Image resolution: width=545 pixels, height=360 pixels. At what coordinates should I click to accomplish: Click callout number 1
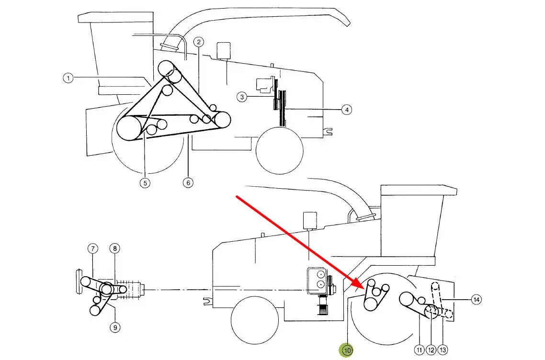(68, 78)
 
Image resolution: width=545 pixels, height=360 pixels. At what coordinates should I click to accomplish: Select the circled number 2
(198, 43)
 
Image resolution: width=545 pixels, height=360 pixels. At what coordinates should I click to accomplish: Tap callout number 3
(242, 97)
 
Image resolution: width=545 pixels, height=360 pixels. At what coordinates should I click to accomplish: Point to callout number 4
(347, 110)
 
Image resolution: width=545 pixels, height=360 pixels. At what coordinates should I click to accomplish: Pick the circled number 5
(145, 183)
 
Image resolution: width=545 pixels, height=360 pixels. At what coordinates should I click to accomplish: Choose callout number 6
(188, 183)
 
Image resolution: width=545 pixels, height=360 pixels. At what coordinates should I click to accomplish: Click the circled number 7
(93, 248)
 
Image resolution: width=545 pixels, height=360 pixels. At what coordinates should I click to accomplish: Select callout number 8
(115, 248)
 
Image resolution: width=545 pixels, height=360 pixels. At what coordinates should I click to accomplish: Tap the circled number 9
(115, 327)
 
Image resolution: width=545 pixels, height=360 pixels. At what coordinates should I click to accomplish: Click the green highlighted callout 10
(347, 350)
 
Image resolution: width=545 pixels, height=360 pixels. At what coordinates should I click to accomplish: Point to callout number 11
(420, 350)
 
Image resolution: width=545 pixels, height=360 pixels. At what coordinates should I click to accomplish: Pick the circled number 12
(431, 350)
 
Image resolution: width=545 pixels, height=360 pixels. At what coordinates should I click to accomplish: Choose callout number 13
(443, 350)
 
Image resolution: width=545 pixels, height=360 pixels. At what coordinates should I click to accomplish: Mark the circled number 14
(476, 299)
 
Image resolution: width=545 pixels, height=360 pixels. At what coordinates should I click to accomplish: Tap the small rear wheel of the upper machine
(280, 150)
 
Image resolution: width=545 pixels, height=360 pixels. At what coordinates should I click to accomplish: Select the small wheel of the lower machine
(255, 320)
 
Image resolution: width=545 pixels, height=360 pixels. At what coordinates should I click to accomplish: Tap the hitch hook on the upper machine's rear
(328, 131)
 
